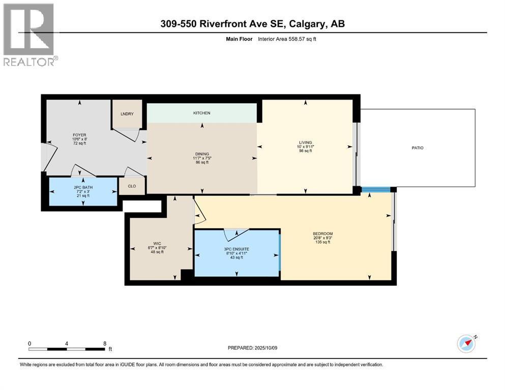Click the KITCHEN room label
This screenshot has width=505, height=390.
click(x=201, y=113)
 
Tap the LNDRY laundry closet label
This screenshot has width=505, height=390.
click(x=127, y=114)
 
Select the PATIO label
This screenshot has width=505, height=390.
click(x=418, y=148)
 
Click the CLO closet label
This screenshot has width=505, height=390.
click(x=132, y=186)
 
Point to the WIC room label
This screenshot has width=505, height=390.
click(x=157, y=244)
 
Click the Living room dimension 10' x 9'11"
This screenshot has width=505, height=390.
click(x=305, y=147)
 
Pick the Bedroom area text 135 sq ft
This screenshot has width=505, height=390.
click(x=323, y=242)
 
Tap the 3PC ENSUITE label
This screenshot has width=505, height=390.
click(x=236, y=249)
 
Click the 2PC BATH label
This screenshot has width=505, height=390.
click(x=83, y=187)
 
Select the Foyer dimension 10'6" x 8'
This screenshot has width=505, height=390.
click(x=79, y=139)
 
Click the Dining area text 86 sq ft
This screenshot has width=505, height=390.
click(x=202, y=162)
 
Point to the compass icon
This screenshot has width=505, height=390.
click(x=466, y=344)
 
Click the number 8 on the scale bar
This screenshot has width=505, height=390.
click(x=105, y=343)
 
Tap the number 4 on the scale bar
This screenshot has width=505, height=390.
click(x=66, y=343)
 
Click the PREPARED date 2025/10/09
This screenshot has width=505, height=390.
click(x=265, y=348)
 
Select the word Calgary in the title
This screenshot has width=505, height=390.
click(x=307, y=24)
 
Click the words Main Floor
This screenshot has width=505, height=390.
click(x=239, y=39)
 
